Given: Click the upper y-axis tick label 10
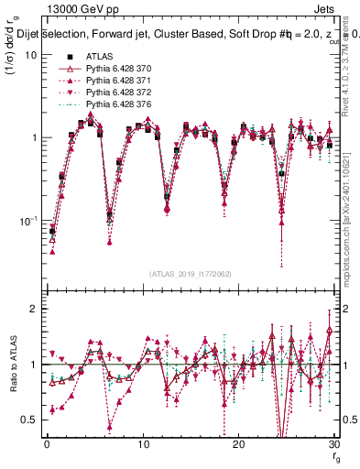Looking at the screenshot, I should [29, 54].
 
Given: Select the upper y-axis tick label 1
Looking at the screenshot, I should [33, 137].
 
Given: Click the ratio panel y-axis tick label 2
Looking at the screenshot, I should [33, 309].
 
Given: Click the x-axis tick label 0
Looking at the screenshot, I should [46, 444].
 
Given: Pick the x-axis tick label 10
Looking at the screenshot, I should [142, 444].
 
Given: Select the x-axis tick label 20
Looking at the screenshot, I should [238, 444].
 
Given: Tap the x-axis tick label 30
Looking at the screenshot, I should [333, 444].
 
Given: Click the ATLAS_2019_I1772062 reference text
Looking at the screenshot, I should [190, 274].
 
